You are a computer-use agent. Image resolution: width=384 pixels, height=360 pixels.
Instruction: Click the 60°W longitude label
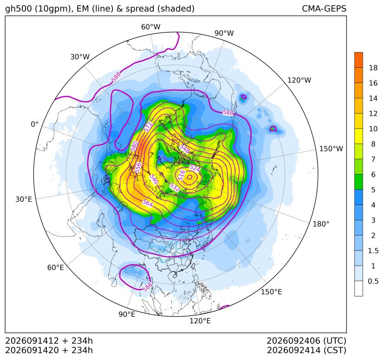[150, 27]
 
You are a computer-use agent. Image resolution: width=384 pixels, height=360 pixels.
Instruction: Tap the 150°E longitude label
[271, 292]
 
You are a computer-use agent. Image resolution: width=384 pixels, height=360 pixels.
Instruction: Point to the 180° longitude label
[321, 224]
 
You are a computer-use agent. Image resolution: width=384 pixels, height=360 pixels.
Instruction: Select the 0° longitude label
[34, 124]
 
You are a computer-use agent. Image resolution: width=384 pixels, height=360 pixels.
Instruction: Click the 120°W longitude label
[299, 80]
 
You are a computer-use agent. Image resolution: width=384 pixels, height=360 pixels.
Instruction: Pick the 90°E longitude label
[127, 315]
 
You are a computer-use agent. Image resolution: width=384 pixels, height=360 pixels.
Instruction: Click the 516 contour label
[182, 175]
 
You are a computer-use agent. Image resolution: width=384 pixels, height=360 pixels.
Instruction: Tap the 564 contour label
[148, 203]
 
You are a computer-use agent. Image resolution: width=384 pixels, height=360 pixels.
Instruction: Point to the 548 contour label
[184, 148]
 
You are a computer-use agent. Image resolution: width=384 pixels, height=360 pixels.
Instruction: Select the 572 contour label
[148, 127]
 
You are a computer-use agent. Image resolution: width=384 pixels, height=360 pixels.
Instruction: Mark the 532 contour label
[175, 187]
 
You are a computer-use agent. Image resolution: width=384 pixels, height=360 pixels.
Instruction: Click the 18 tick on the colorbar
[373, 68]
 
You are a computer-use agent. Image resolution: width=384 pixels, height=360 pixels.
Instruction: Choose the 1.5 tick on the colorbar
[373, 251]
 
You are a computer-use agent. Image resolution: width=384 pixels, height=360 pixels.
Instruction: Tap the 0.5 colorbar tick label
[373, 281]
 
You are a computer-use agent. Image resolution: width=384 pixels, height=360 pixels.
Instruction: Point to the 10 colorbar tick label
[373, 129]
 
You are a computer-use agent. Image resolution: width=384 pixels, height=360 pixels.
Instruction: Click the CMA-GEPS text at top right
[324, 9]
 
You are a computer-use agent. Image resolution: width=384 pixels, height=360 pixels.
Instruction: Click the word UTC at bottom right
[335, 341]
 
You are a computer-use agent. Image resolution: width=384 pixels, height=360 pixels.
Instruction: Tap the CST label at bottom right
[335, 350]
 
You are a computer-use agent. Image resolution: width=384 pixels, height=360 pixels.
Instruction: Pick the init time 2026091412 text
[32, 341]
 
